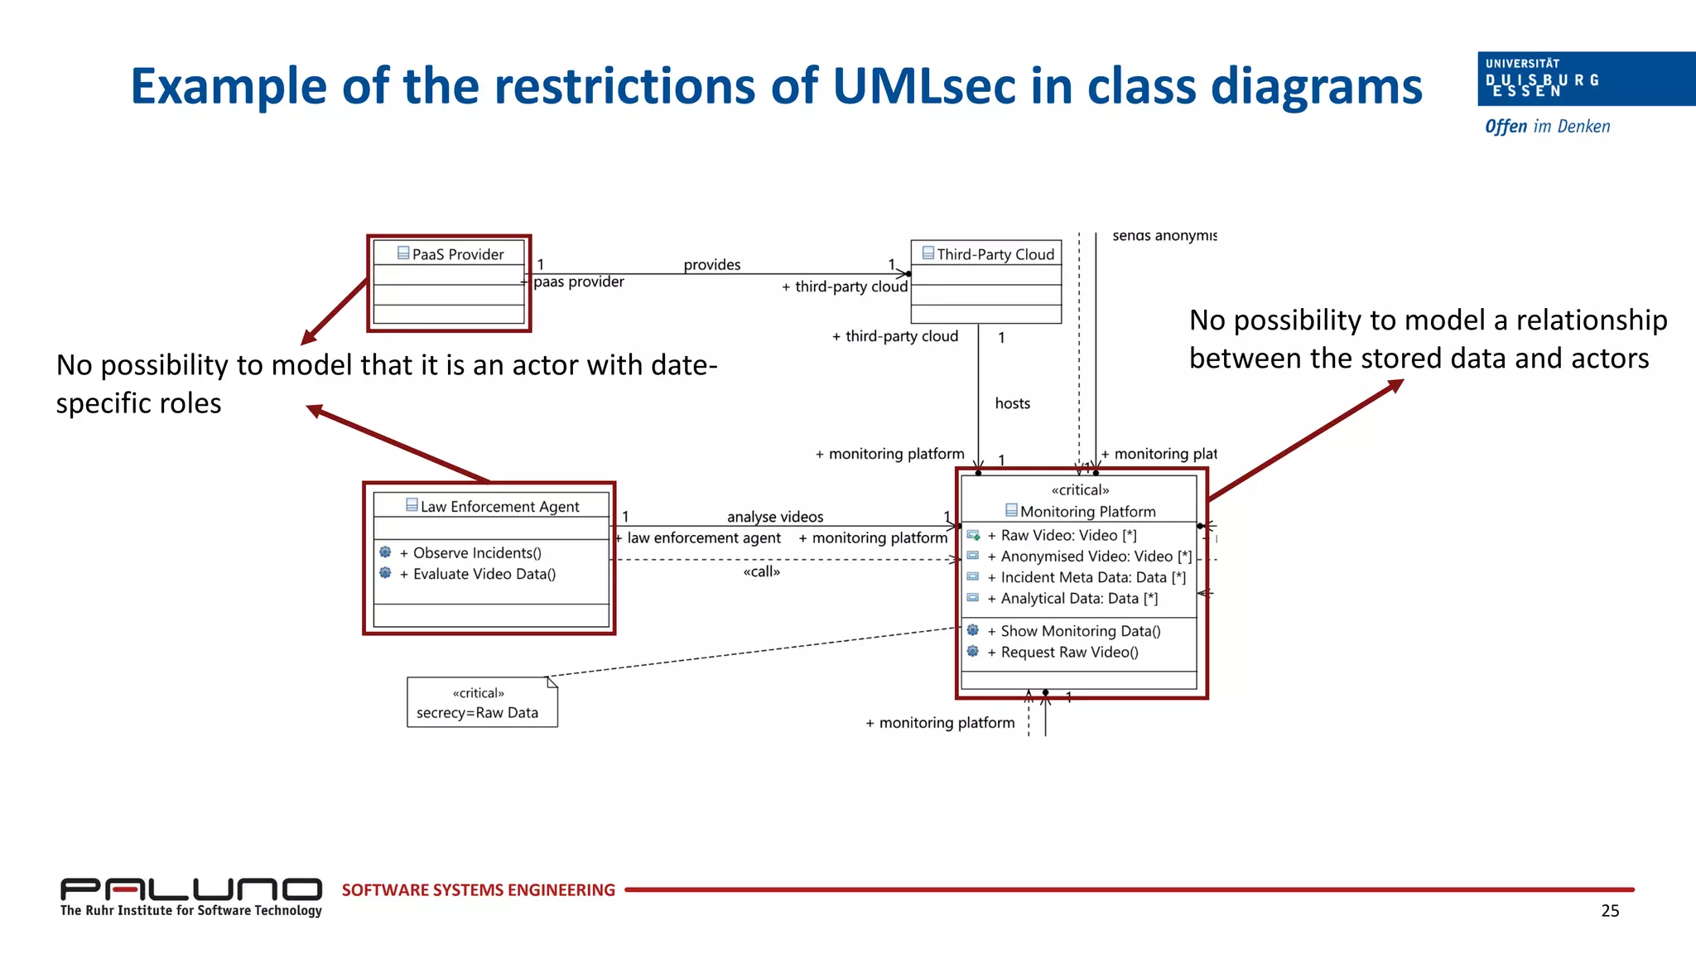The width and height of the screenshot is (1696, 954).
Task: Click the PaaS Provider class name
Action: (457, 254)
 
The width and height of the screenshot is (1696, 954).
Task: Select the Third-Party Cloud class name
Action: (995, 254)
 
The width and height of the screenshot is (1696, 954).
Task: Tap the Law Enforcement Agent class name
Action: (499, 506)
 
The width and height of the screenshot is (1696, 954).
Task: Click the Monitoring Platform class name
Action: (1087, 512)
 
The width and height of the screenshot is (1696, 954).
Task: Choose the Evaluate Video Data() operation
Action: (484, 574)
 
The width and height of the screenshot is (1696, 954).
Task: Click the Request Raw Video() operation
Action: (1068, 653)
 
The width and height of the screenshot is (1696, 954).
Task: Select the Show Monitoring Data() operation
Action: (1080, 631)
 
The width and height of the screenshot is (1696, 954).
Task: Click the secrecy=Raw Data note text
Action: (477, 713)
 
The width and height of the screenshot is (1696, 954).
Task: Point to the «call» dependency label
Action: (761, 571)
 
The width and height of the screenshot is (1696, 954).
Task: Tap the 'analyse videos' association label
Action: (775, 517)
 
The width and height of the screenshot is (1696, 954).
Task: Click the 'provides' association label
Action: (711, 265)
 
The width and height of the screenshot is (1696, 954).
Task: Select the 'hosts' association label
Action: (1012, 403)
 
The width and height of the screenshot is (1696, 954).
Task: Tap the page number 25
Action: (1609, 911)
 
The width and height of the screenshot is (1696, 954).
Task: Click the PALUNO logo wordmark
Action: (190, 889)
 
